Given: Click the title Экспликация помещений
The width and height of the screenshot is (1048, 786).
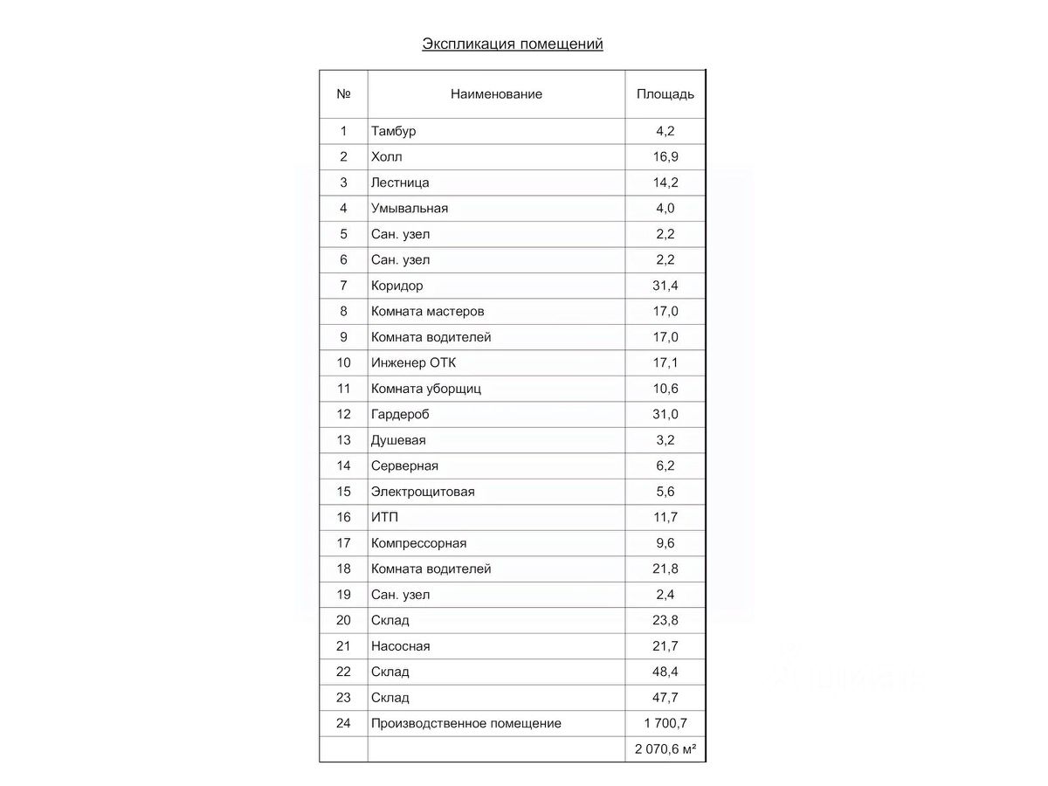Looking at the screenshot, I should [513, 44].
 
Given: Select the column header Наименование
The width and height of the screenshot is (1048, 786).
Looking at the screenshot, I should [496, 94].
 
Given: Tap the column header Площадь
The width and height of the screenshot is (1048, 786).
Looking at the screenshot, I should [665, 94].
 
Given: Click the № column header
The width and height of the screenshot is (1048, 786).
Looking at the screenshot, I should [343, 94].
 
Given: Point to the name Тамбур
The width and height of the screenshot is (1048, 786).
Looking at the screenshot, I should [393, 131].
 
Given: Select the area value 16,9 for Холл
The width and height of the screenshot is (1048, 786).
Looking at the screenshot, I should [666, 157].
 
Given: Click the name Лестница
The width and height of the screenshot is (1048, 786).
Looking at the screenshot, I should [400, 183].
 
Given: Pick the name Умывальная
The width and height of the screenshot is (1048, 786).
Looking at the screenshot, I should [409, 208].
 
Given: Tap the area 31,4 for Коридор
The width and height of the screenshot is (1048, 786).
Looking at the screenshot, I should [666, 286].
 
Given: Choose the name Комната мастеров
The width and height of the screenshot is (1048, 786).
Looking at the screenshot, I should [427, 311].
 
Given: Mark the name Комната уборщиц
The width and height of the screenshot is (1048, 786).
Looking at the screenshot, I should [425, 389].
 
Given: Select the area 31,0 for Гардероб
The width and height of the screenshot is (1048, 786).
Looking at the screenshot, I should [666, 414].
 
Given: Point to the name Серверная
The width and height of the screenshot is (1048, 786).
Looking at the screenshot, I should [404, 465].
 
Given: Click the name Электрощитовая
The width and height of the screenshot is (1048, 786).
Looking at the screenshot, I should [423, 492].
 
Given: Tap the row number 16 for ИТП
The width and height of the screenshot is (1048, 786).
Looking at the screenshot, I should [343, 517].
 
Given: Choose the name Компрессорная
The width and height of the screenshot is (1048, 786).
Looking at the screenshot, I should [418, 543].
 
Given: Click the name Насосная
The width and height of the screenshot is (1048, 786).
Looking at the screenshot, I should [400, 646].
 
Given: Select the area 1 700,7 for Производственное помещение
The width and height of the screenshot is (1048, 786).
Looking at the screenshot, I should [665, 723].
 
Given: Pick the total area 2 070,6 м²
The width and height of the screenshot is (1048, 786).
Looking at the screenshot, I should [665, 749].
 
